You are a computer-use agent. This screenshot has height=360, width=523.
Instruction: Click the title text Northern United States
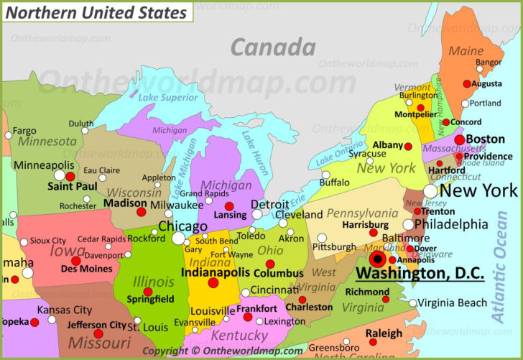[97, 12]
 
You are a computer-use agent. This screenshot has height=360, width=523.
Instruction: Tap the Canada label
[273, 48]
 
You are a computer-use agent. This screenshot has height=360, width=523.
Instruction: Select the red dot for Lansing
[229, 206]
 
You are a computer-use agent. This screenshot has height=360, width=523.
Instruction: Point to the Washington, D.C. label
[420, 273]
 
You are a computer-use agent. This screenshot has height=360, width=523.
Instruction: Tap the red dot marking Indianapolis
[213, 283]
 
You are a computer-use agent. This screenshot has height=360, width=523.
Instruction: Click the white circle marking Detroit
[257, 214]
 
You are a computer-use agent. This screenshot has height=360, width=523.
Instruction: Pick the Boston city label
[485, 139]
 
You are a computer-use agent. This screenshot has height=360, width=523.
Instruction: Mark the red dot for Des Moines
[76, 261]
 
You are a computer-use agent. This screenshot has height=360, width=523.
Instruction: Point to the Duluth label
[81, 124]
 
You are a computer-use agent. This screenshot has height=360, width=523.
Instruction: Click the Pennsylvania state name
[362, 213]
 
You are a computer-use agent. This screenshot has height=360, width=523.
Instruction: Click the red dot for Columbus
[270, 264]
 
